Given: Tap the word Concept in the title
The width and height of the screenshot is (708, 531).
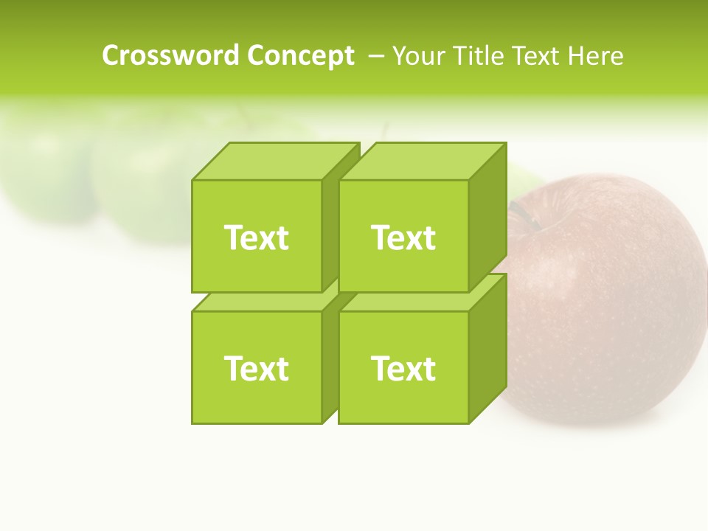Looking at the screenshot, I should pos(300,55).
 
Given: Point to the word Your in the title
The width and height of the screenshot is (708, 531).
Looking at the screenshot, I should pos(418,55).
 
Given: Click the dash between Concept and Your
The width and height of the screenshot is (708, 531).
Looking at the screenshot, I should pos(375,55).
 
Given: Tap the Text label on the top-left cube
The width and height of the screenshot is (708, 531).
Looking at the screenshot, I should pos(257,237).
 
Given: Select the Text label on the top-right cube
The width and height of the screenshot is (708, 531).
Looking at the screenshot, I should pos(403,237).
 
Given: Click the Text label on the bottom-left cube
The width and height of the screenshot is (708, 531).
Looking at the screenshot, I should pos(257,368).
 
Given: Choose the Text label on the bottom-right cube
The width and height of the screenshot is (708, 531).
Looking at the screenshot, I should pos(403,368).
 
